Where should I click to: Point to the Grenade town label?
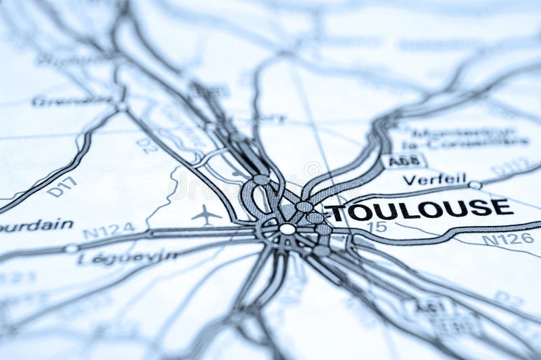[x=72, y=101]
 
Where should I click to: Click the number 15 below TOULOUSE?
[x=380, y=227]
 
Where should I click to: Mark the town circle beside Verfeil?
[x=475, y=185]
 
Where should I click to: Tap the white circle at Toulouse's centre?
[x=287, y=229]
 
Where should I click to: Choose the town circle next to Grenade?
[x=122, y=106]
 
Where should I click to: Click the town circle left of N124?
[x=71, y=248]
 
